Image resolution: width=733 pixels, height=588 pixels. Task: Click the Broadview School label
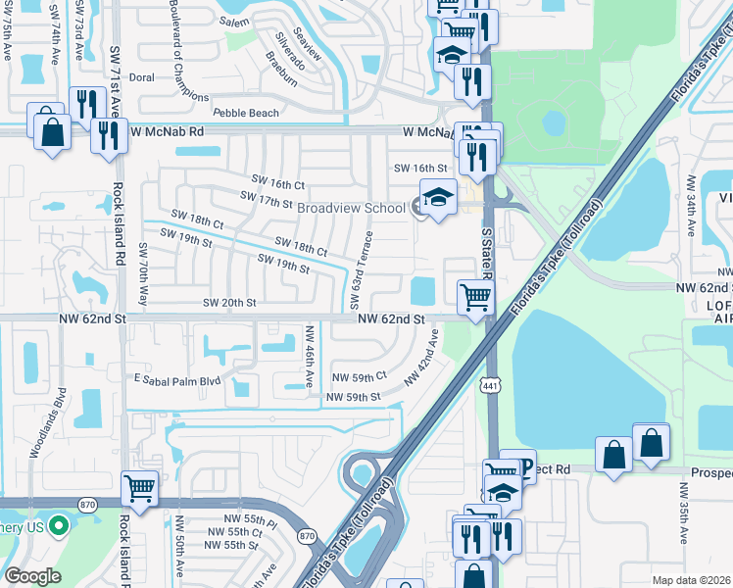click(350, 209)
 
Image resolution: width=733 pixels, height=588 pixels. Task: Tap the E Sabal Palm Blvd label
click(178, 379)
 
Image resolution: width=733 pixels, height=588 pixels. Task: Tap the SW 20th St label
click(228, 304)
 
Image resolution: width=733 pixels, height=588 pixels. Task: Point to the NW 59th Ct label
click(360, 376)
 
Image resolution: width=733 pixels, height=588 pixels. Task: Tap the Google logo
click(32, 576)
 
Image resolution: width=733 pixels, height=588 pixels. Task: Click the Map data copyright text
click(692, 580)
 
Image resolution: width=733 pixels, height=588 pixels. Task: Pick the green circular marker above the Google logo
click(58, 527)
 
